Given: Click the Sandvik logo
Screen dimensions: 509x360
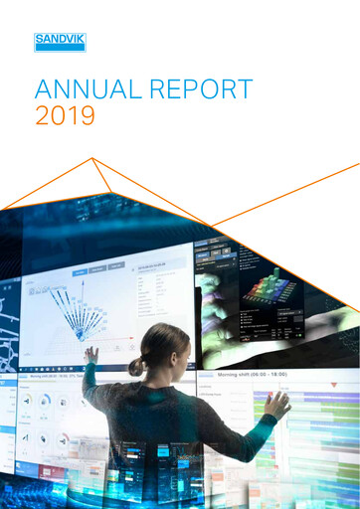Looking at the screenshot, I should point(60,42).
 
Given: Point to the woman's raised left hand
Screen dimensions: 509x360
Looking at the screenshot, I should point(90,354).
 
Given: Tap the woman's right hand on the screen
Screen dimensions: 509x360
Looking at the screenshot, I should point(277,404).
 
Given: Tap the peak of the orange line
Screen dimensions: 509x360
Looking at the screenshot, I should point(92,158).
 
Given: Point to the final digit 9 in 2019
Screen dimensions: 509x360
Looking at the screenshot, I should point(87,116).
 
